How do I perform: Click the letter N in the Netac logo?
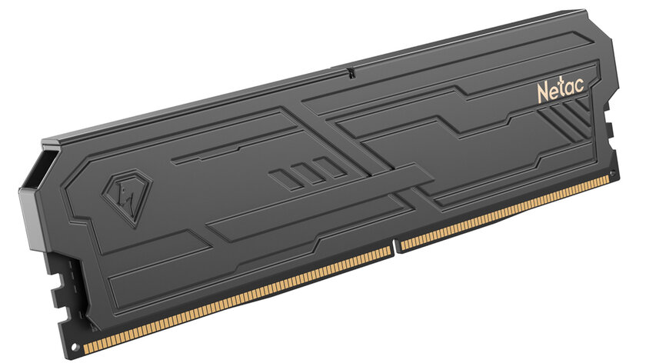coord(544,93)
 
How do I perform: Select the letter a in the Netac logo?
coord(570,88)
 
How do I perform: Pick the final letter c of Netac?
coord(579,85)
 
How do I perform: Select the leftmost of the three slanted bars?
coord(285,180)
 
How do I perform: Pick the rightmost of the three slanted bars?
coord(329,168)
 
